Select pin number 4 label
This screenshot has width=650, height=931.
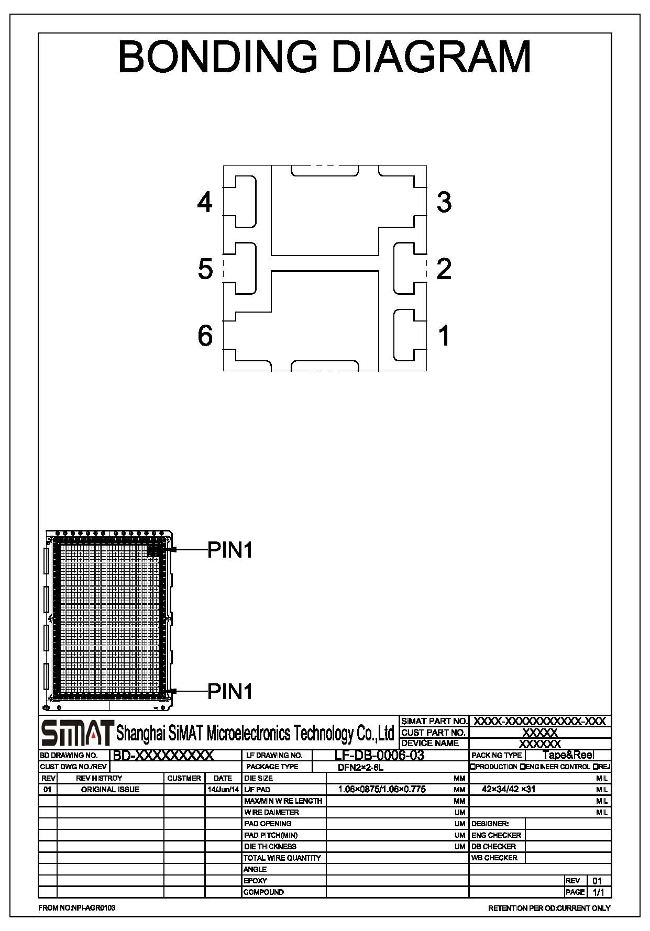tap(205, 202)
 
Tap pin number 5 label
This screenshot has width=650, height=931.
tap(205, 269)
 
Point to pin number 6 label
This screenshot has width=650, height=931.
tap(205, 335)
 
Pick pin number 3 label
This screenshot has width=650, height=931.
tap(444, 202)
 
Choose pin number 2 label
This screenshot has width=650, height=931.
tap(444, 269)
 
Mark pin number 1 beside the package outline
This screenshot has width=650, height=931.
tap(445, 335)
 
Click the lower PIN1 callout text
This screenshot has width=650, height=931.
tap(230, 691)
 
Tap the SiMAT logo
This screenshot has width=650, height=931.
tap(78, 733)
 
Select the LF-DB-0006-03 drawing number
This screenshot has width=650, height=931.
tap(379, 755)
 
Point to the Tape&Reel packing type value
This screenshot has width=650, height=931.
tap(568, 755)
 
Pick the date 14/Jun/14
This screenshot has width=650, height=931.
tap(223, 789)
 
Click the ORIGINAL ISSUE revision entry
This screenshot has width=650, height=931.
tap(110, 789)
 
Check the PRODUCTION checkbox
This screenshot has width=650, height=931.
tap(472, 767)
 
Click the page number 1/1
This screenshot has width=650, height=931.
tap(597, 892)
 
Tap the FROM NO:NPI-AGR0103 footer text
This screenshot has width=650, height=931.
tap(77, 908)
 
